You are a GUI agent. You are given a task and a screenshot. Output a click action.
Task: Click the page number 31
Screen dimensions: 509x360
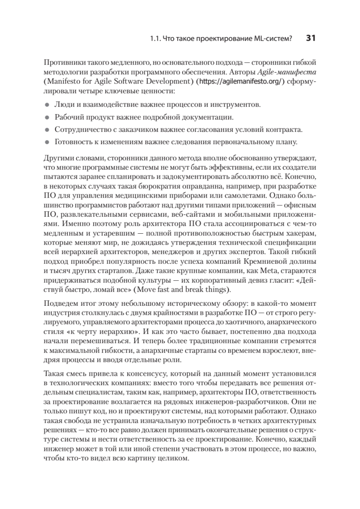click(x=310, y=38)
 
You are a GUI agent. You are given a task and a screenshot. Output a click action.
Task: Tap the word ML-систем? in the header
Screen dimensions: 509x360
click(x=276, y=39)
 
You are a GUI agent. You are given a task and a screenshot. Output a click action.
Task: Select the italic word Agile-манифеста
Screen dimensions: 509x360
click(x=293, y=72)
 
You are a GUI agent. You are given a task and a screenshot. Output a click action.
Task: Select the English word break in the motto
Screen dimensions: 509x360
click(x=203, y=290)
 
